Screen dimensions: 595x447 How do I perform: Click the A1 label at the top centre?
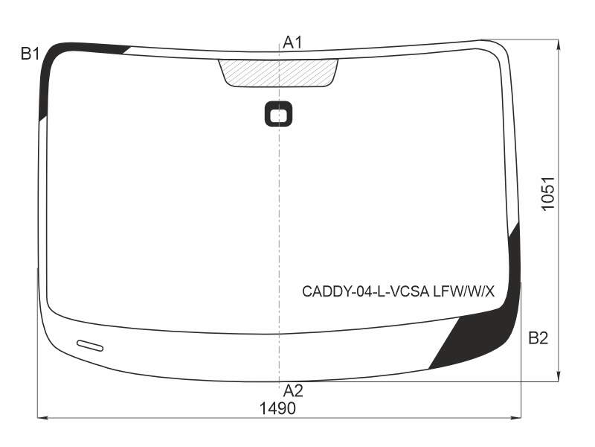click(x=292, y=42)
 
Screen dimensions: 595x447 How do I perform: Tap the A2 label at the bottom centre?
click(x=293, y=390)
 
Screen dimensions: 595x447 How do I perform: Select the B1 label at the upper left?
click(x=30, y=54)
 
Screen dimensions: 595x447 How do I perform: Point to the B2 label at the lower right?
click(x=538, y=337)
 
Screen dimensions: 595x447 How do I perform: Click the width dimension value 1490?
click(x=277, y=408)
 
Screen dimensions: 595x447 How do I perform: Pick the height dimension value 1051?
click(x=548, y=193)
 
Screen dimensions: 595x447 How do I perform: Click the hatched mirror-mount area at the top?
click(x=278, y=72)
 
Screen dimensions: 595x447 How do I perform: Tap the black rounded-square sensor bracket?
click(x=278, y=114)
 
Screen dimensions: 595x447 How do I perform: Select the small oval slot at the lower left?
click(x=90, y=346)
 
